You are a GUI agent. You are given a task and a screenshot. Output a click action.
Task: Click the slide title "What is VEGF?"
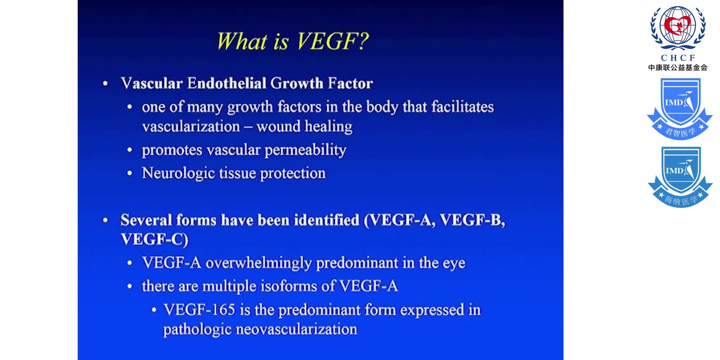293,41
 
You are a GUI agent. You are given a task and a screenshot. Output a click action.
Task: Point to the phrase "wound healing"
304,127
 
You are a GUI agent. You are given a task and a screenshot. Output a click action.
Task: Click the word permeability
305,150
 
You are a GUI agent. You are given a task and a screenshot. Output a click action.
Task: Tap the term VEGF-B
472,220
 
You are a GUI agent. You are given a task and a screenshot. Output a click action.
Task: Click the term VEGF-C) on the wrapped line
154,239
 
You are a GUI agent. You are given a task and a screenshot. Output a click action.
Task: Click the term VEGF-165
199,310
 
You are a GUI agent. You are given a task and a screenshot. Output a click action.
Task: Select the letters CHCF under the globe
678,58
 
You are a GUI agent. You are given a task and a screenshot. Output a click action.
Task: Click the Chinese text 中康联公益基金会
678,68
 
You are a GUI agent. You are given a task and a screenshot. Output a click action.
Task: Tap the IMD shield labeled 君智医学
680,109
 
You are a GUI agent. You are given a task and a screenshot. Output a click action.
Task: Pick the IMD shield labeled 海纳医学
680,177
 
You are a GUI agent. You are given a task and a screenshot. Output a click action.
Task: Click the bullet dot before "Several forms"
105,220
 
